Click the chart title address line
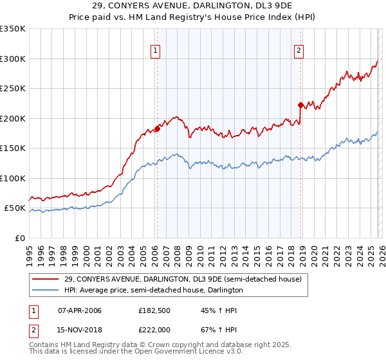192,6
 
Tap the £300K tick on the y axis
13,59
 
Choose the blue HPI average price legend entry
153,290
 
